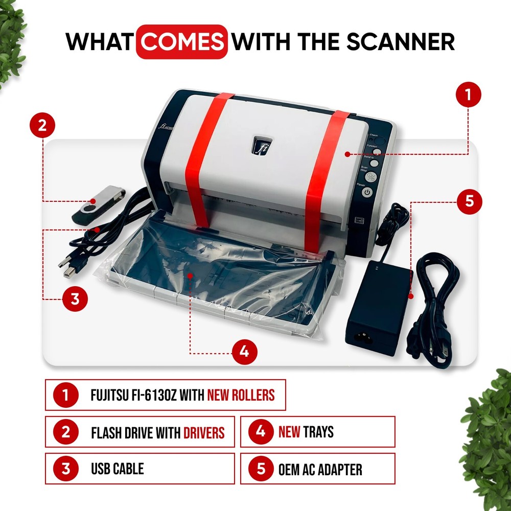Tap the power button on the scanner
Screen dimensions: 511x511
coord(367,192)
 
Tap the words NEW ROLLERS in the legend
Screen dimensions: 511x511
coord(241,395)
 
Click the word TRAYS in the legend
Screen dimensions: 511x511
coord(318,432)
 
